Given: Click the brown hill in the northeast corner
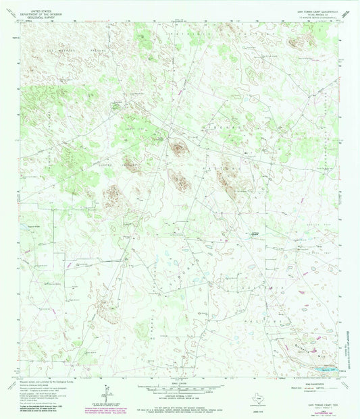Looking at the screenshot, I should click(294, 44).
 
